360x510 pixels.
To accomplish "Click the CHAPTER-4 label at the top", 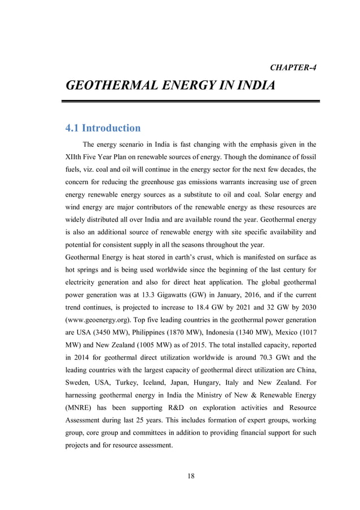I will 293,68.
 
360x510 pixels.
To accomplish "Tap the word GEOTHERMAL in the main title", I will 113,86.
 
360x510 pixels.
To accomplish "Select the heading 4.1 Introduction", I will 103,128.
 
